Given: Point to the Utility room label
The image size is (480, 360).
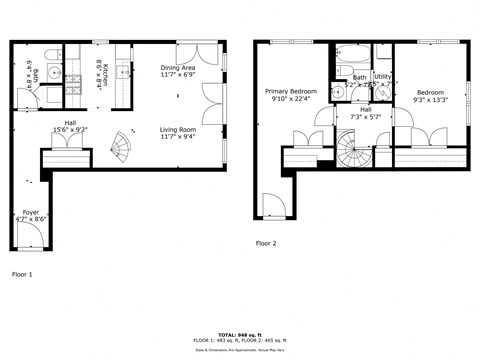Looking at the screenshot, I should point(382,76).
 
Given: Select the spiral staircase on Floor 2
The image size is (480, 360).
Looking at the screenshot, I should point(353,152).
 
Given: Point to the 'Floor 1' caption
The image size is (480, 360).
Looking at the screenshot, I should point(22,273).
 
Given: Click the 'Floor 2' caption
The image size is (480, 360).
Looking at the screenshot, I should point(265,243).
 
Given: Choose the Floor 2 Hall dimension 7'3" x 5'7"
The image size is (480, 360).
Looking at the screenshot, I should point(365,117).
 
